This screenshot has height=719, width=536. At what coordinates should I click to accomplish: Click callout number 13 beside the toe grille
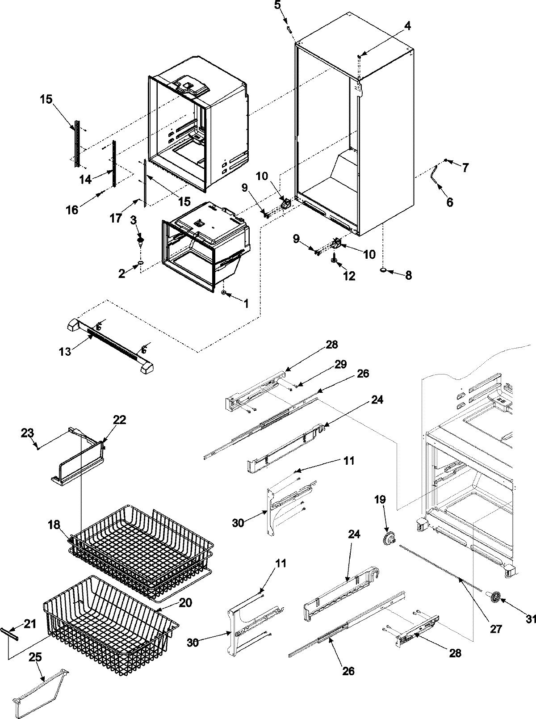pyautogui.click(x=65, y=352)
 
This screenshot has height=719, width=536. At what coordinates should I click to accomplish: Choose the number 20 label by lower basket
pyautogui.click(x=185, y=603)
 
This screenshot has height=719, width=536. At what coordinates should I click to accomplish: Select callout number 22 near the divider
pyautogui.click(x=119, y=420)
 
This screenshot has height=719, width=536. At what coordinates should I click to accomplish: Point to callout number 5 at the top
pyautogui.click(x=278, y=6)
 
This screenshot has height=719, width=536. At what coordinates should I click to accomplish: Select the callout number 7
pyautogui.click(x=465, y=168)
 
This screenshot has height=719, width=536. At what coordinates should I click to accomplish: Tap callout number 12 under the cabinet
pyautogui.click(x=349, y=276)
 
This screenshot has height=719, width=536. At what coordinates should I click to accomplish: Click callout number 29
pyautogui.click(x=340, y=364)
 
